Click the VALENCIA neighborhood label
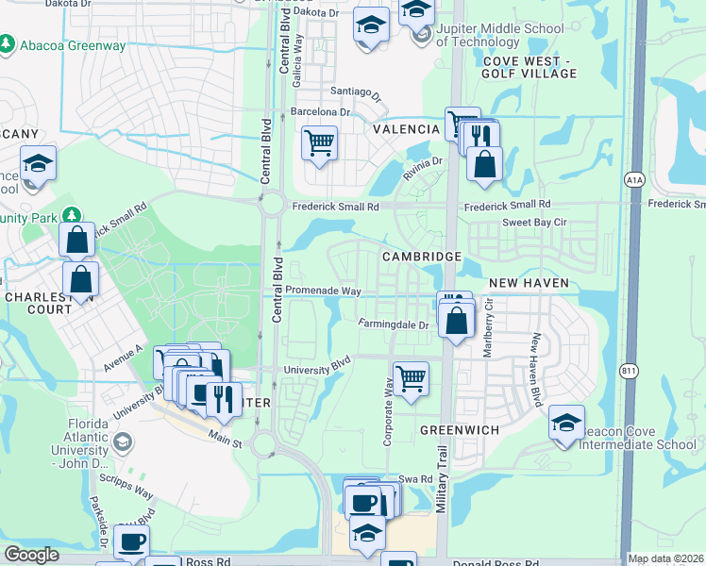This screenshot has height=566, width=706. point(406,128)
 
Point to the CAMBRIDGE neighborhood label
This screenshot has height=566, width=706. point(421,257)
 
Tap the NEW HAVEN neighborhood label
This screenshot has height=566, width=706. point(529,283)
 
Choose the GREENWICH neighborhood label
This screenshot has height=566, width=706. point(460,429)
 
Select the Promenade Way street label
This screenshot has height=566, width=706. point(324,291)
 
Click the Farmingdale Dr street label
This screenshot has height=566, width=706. point(394,325)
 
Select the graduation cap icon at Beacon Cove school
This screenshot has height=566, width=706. point(566,422)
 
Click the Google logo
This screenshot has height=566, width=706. point(31,555)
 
